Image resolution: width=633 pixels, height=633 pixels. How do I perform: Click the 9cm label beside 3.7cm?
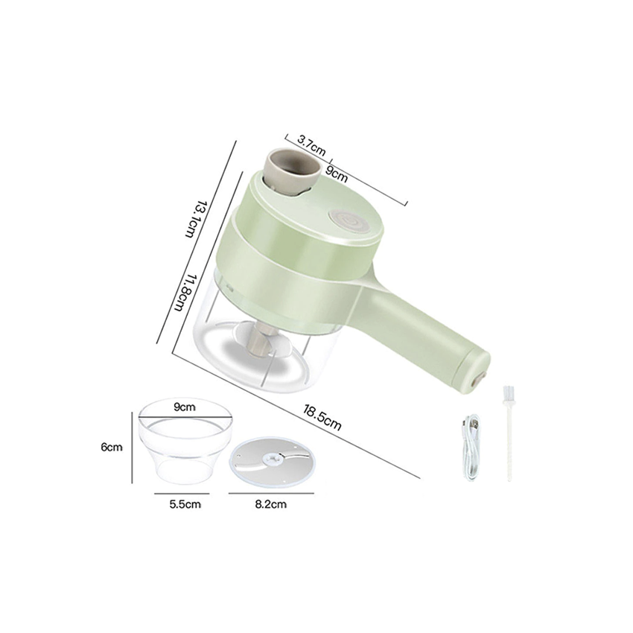[x=337, y=175]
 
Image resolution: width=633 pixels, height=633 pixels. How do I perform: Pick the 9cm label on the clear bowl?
[x=185, y=407]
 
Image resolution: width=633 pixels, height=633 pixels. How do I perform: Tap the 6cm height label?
[x=112, y=448]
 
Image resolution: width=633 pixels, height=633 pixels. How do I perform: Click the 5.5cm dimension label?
[x=184, y=505]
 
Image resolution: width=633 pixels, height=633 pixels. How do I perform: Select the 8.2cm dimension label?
[x=270, y=505]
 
